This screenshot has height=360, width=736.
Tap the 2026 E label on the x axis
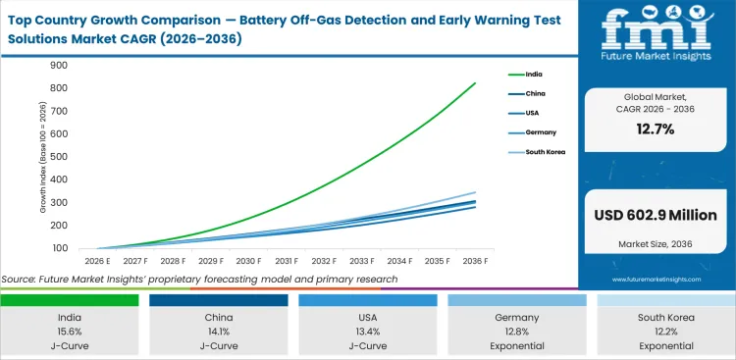coord(95,261)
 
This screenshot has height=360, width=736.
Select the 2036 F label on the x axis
coord(476,261)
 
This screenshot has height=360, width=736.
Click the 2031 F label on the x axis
coord(286,261)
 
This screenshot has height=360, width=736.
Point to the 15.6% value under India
coord(69,332)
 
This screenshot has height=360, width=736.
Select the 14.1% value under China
coord(218,332)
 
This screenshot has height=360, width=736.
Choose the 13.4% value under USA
coord(368,332)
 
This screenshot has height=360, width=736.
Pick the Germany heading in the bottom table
coord(517,318)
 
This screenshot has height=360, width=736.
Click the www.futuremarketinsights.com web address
coord(657,280)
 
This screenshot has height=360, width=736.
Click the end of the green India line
coord(476,83)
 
